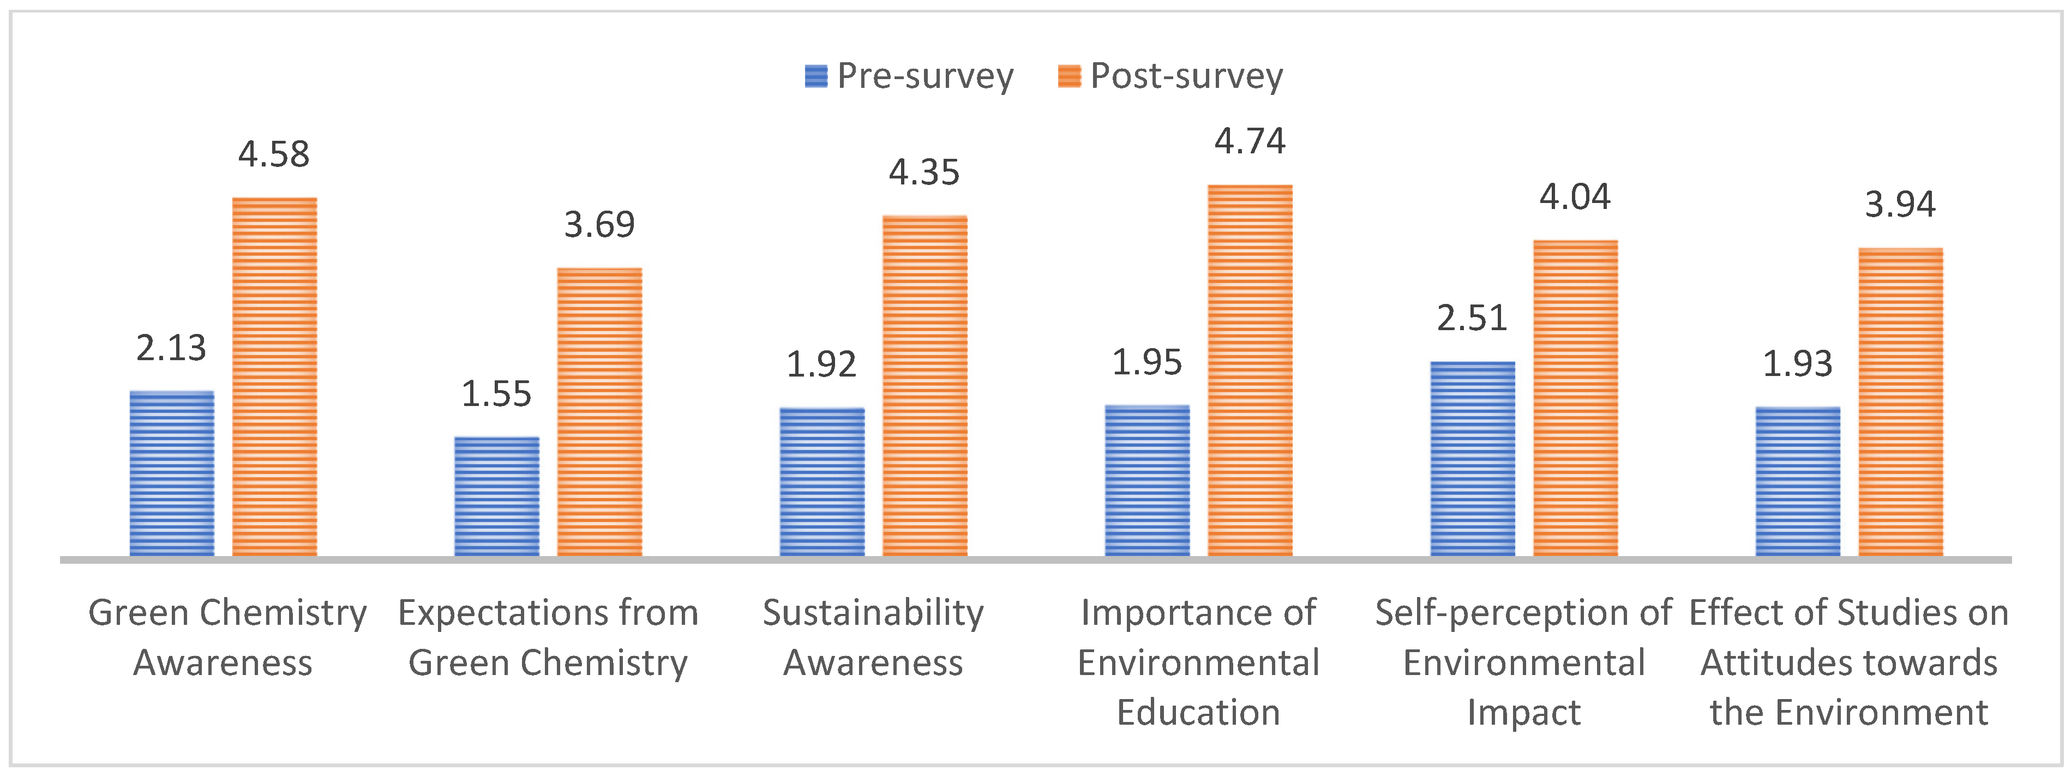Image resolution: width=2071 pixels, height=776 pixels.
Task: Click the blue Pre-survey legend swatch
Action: [816, 76]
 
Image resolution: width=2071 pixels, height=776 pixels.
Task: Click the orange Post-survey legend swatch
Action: [1069, 76]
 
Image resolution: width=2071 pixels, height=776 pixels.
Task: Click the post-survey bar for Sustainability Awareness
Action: [925, 386]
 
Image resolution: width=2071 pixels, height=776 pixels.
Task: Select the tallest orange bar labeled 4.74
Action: [1250, 370]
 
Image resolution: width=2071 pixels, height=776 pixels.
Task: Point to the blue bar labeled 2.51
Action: [1472, 458]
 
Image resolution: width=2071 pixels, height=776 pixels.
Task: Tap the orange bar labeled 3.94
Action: [1901, 402]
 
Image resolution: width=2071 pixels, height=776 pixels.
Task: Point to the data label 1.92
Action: [821, 365]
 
